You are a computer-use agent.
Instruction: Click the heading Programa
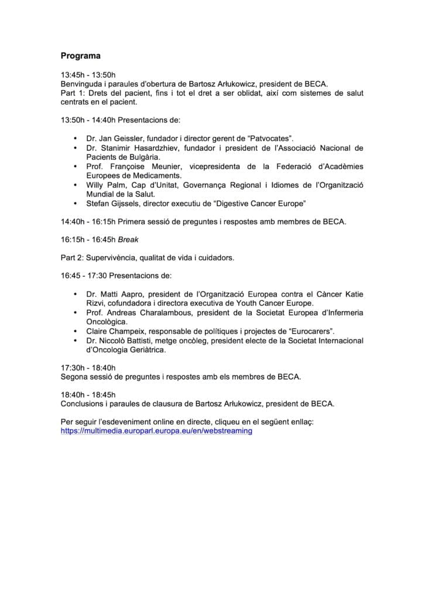(x=81, y=56)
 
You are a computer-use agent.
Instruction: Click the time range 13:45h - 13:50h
(x=88, y=75)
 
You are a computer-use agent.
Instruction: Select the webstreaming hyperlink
(x=156, y=431)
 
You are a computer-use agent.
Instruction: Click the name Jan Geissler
(x=118, y=138)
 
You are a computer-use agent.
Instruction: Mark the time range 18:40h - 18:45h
(x=88, y=394)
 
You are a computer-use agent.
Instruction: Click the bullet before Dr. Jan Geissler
(x=75, y=138)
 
